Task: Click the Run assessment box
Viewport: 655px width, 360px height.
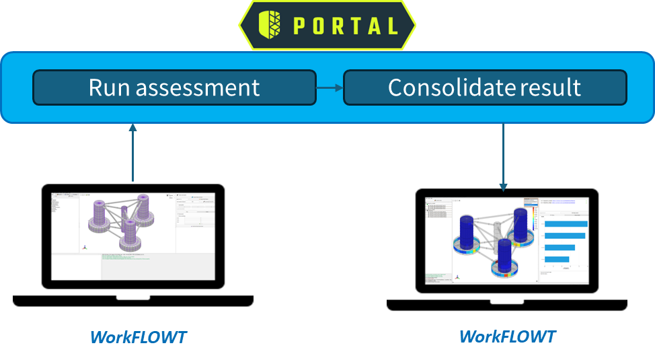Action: click(x=174, y=87)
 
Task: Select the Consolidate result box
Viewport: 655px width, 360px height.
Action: click(x=484, y=87)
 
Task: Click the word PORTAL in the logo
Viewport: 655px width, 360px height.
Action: click(x=346, y=26)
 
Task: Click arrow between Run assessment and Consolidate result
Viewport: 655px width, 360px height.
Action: click(x=330, y=87)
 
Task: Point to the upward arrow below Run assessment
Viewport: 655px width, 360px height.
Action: click(x=132, y=151)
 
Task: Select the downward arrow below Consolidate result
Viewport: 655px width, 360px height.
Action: click(x=503, y=158)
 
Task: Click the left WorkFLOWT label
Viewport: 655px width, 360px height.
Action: click(x=139, y=336)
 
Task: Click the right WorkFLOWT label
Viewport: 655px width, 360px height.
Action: click(x=507, y=336)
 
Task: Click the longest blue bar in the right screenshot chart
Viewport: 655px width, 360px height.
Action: click(x=565, y=224)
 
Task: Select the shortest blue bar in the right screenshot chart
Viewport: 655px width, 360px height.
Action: click(x=556, y=258)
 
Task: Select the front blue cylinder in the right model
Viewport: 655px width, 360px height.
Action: click(x=504, y=254)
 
